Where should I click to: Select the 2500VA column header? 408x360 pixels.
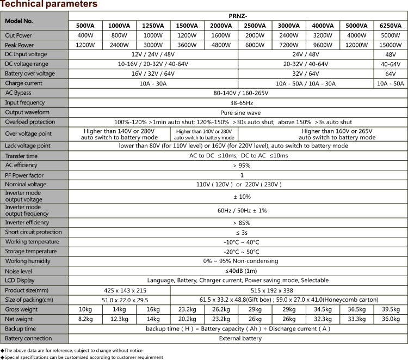coord(255,26)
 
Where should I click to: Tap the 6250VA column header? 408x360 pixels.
coord(391,26)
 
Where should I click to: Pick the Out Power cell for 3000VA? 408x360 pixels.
coord(289,35)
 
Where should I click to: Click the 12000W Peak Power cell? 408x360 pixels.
coord(357,45)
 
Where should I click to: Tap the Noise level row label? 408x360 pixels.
coord(18,271)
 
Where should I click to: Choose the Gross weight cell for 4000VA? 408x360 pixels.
coord(323,309)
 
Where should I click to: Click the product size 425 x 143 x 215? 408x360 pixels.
coord(119,290)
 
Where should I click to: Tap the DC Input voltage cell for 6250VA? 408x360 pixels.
coord(391,54)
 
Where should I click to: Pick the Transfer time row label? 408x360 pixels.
coord(22,156)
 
